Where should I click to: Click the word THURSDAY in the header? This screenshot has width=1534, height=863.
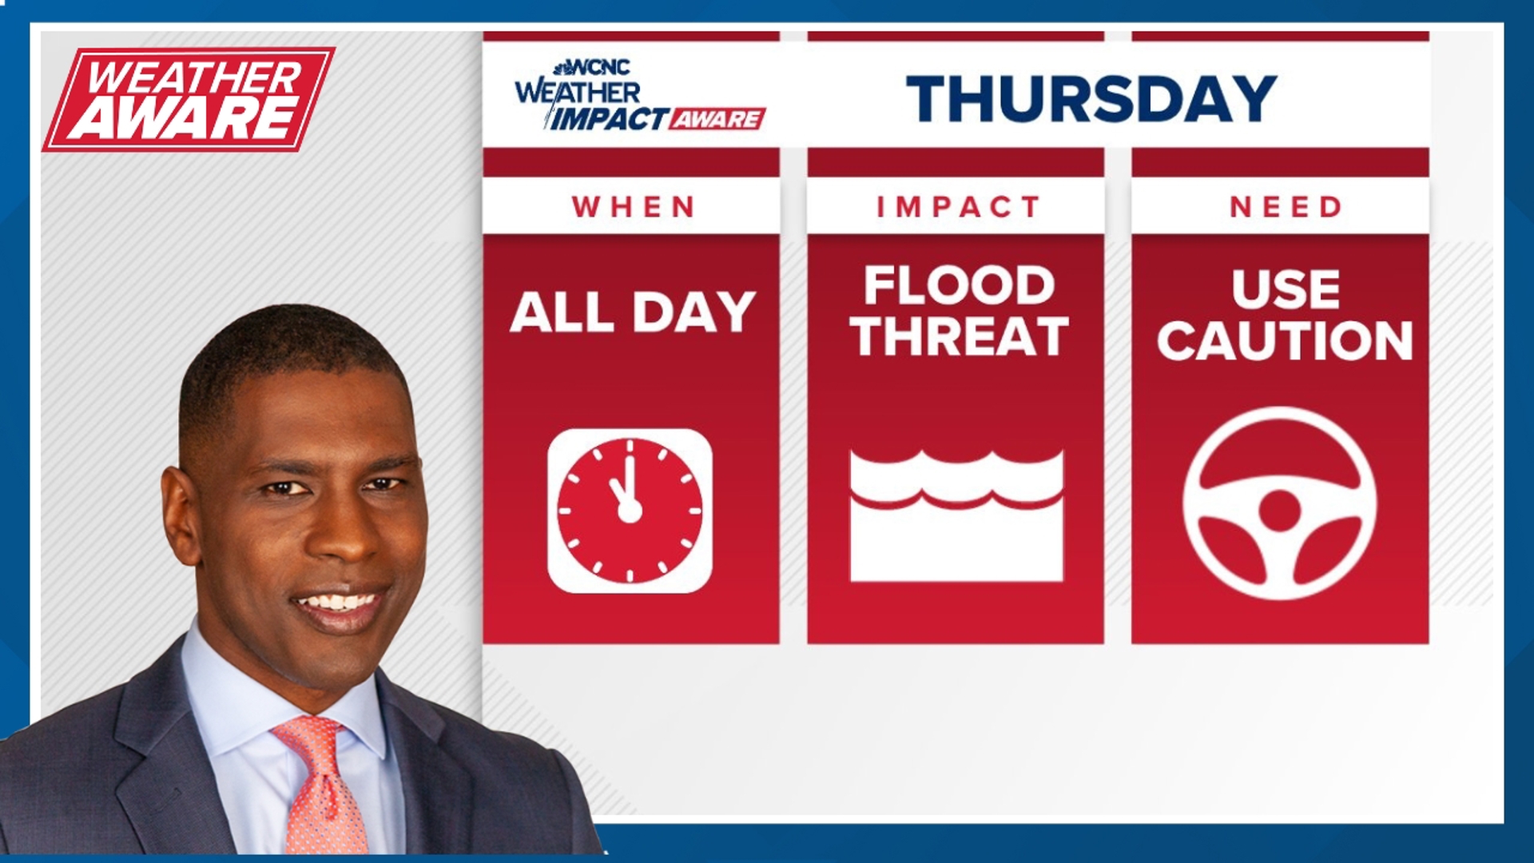(1091, 99)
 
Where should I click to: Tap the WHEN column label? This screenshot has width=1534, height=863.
(634, 207)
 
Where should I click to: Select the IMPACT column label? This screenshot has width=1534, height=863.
(958, 207)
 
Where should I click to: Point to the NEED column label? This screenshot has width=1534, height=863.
(1286, 207)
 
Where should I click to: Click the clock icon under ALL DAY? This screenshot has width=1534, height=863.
(630, 511)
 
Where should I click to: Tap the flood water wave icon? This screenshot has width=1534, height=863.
(956, 515)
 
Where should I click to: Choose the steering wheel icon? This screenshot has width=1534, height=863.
(1280, 503)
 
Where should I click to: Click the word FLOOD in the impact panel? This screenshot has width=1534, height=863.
(959, 285)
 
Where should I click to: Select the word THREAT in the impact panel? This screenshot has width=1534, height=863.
(959, 336)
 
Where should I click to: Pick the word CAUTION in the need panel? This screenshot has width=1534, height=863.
(1285, 341)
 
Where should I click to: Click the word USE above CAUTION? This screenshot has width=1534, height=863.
(1286, 288)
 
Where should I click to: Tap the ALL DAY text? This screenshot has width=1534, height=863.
(633, 312)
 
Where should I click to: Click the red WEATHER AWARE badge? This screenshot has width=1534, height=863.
(189, 99)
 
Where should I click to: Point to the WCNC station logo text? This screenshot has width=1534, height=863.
(595, 67)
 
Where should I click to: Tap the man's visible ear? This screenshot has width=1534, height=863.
(181, 515)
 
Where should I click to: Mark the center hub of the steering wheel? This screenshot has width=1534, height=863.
(1280, 510)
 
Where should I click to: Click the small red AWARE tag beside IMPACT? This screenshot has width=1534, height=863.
(717, 119)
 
